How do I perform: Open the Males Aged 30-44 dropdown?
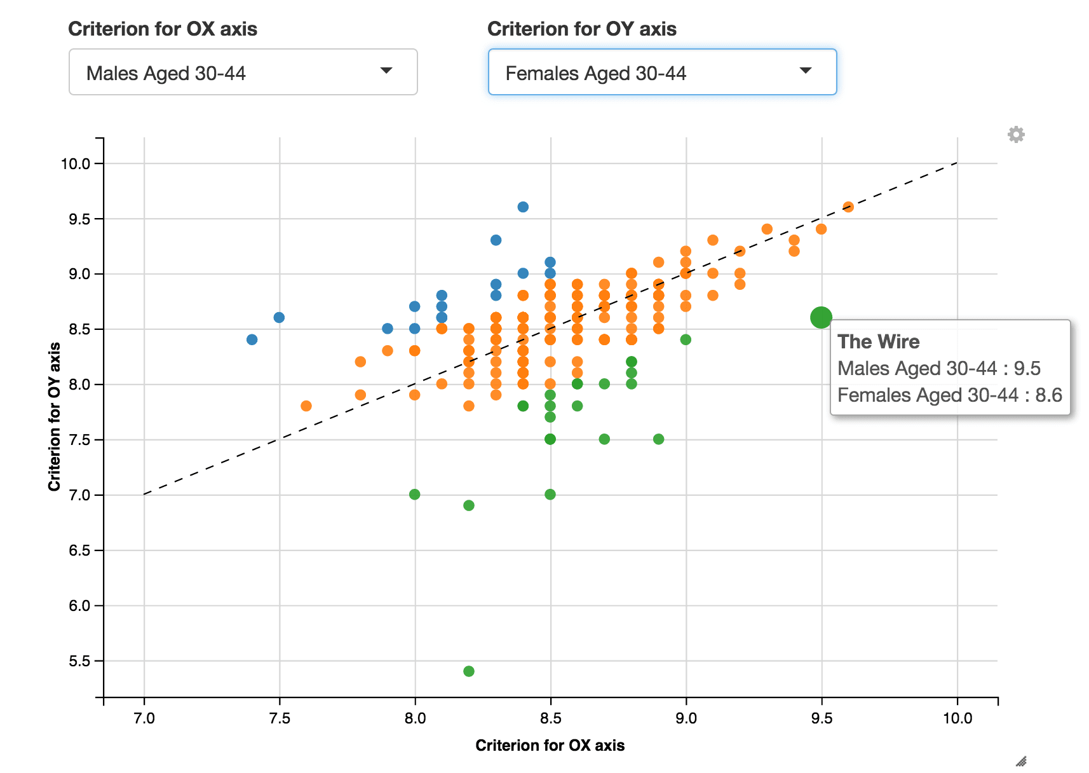coord(243,72)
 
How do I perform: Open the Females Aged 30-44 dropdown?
coord(662,72)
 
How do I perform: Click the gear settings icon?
coord(1016,135)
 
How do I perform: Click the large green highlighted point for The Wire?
coord(821,317)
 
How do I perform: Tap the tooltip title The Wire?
coord(878,342)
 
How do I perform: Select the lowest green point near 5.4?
coord(469,671)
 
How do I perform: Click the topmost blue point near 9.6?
coord(523,207)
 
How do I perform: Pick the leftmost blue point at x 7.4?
coord(252,339)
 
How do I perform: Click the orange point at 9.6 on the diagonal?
coord(848,207)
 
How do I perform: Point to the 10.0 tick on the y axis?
coord(75,163)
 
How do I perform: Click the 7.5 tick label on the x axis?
coord(280,718)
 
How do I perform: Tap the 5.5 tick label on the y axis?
coord(79,661)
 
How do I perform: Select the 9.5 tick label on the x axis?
coord(822,718)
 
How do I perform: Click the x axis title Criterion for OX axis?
coord(550,746)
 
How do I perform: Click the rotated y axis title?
coord(55,416)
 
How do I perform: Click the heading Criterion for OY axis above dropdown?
coord(581,29)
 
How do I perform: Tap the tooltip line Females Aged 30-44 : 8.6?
coord(949,395)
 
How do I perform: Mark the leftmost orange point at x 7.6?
coord(306,406)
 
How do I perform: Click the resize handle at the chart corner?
coord(1021,761)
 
